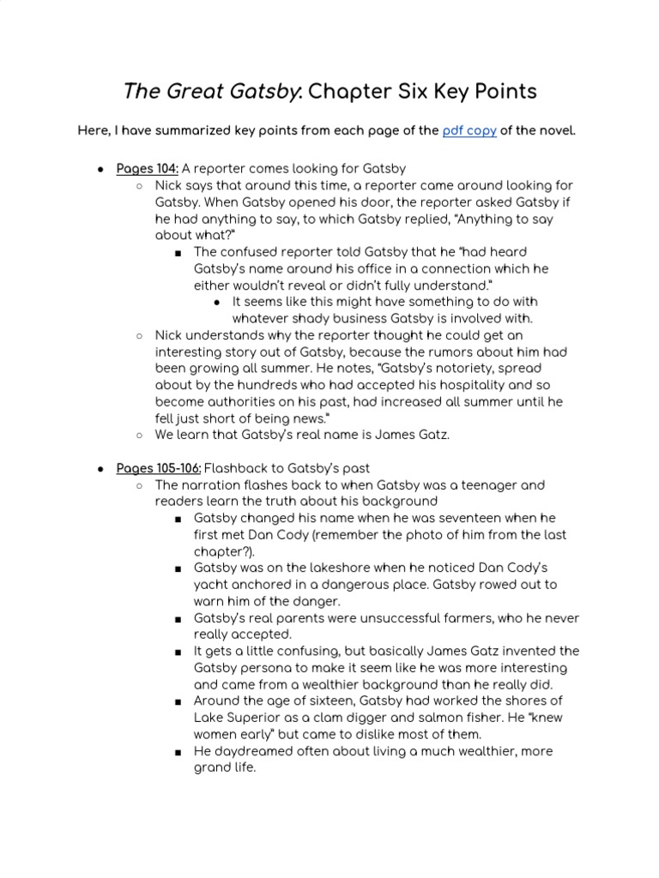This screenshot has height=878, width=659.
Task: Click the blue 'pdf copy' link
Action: pyautogui.click(x=469, y=131)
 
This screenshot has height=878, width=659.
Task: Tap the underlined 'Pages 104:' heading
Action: pyautogui.click(x=147, y=168)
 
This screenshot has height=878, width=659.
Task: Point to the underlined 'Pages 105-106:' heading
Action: pyautogui.click(x=159, y=468)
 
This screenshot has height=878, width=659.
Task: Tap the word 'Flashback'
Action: pyautogui.click(x=239, y=468)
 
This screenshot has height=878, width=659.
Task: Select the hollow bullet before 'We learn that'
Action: pyautogui.click(x=139, y=436)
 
